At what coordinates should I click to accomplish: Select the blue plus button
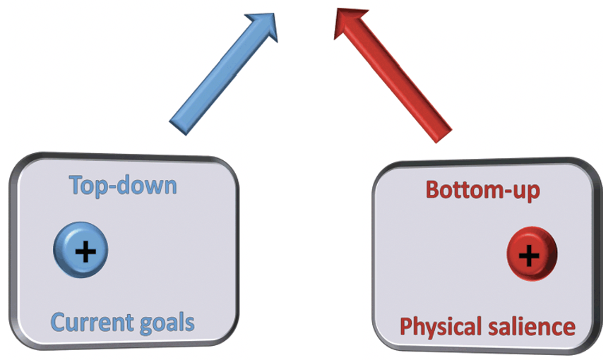tap(82, 250)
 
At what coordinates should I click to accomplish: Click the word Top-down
tap(122, 185)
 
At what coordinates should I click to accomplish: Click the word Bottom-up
tap(483, 190)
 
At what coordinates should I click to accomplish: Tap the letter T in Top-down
tap(76, 185)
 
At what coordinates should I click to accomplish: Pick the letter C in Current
tap(58, 323)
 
